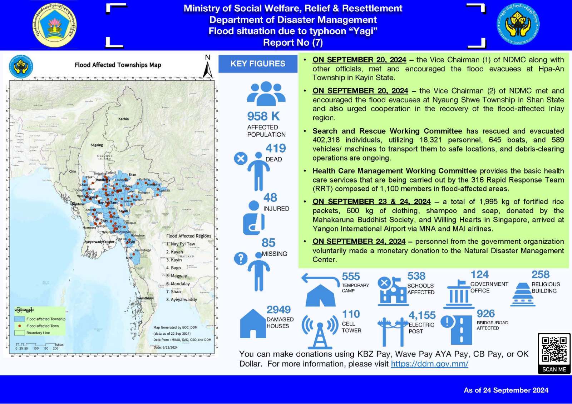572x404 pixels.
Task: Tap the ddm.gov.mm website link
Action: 429,364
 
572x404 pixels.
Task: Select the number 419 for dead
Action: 276,148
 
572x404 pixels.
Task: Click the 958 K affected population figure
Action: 263,116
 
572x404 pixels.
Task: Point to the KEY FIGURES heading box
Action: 258,64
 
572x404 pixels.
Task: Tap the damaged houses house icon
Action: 253,324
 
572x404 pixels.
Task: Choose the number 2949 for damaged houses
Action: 278,310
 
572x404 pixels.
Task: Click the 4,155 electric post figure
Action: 422,315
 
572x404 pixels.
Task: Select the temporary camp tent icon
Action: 320,295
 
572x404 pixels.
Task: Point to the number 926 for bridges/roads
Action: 485,314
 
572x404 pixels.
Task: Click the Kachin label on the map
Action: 123,119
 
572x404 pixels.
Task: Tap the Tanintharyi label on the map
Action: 145,298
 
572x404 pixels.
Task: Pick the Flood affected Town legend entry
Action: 42,326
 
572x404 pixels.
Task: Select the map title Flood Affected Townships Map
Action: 118,65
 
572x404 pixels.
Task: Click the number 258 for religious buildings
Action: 540,275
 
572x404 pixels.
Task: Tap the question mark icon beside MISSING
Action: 241,258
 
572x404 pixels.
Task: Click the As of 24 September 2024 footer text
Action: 506,390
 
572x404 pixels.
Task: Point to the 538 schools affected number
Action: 416,276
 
